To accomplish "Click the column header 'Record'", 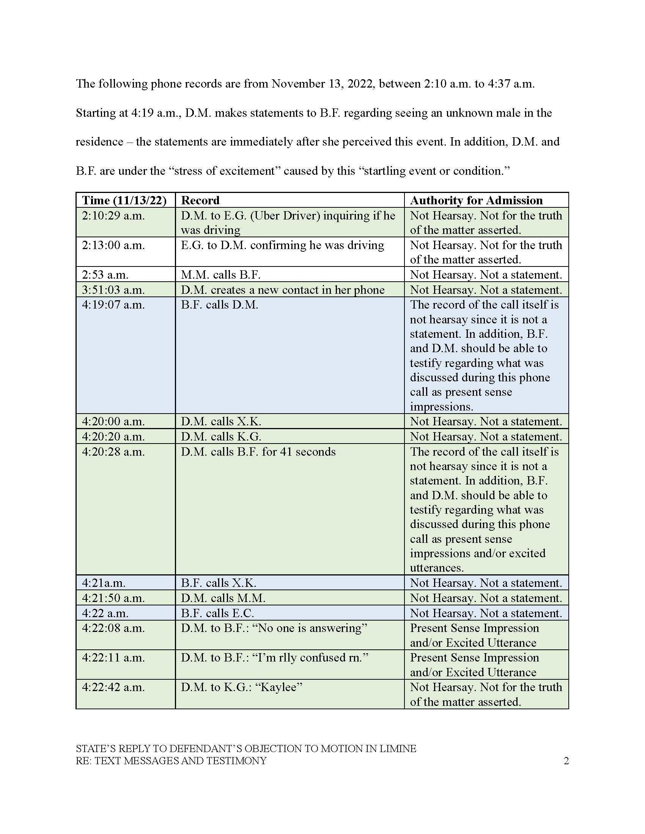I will [x=200, y=201].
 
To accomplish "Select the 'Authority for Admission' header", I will [x=476, y=201].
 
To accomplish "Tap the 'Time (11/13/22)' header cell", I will [x=124, y=201].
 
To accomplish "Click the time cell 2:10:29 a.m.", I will [x=113, y=216].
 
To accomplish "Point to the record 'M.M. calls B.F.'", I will [x=220, y=274].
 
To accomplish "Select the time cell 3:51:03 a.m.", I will [x=113, y=290].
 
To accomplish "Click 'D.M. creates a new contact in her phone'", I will [x=282, y=290].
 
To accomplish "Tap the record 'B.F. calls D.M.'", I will [x=219, y=305].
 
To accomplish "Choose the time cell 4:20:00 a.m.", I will [x=113, y=422].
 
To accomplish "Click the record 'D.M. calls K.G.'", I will [x=221, y=436].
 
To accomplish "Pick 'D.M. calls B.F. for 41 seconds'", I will [x=258, y=452].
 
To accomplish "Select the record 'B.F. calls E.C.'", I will [x=217, y=613].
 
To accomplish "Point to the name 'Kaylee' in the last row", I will [x=278, y=687].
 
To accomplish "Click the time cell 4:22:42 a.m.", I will [x=113, y=687].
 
